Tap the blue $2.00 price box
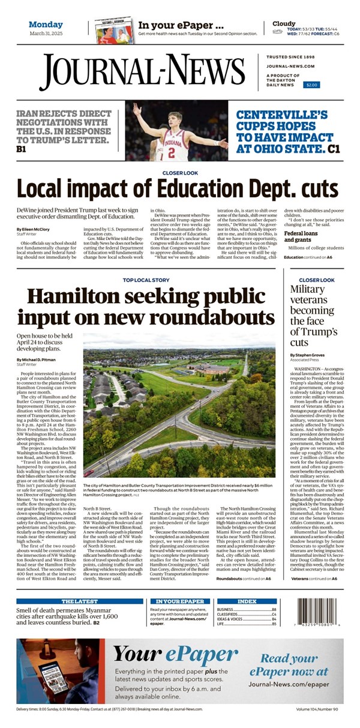[312, 85]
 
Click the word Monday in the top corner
[46, 25]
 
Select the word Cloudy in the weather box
[284, 24]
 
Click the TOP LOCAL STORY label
[146, 280]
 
